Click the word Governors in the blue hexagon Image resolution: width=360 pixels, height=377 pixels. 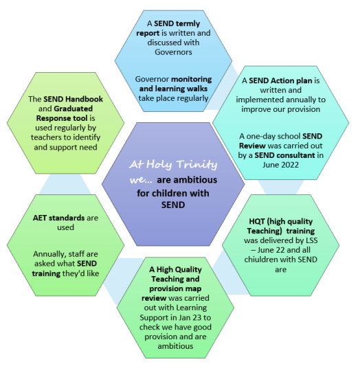[173, 52]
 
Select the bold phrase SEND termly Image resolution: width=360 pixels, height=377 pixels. [177, 23]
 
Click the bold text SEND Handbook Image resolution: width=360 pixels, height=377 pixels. [73, 99]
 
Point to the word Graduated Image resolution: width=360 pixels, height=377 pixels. [74, 108]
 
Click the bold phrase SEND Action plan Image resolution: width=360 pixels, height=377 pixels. [280, 80]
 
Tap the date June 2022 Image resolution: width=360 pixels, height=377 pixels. [280, 165]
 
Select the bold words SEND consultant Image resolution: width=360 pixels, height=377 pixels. [284, 155]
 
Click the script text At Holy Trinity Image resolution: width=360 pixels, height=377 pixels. [173, 165]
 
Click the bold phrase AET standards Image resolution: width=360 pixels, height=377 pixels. [58, 218]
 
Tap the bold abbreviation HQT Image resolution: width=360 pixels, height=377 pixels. [257, 221]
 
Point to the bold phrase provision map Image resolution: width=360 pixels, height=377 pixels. [175, 289]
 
